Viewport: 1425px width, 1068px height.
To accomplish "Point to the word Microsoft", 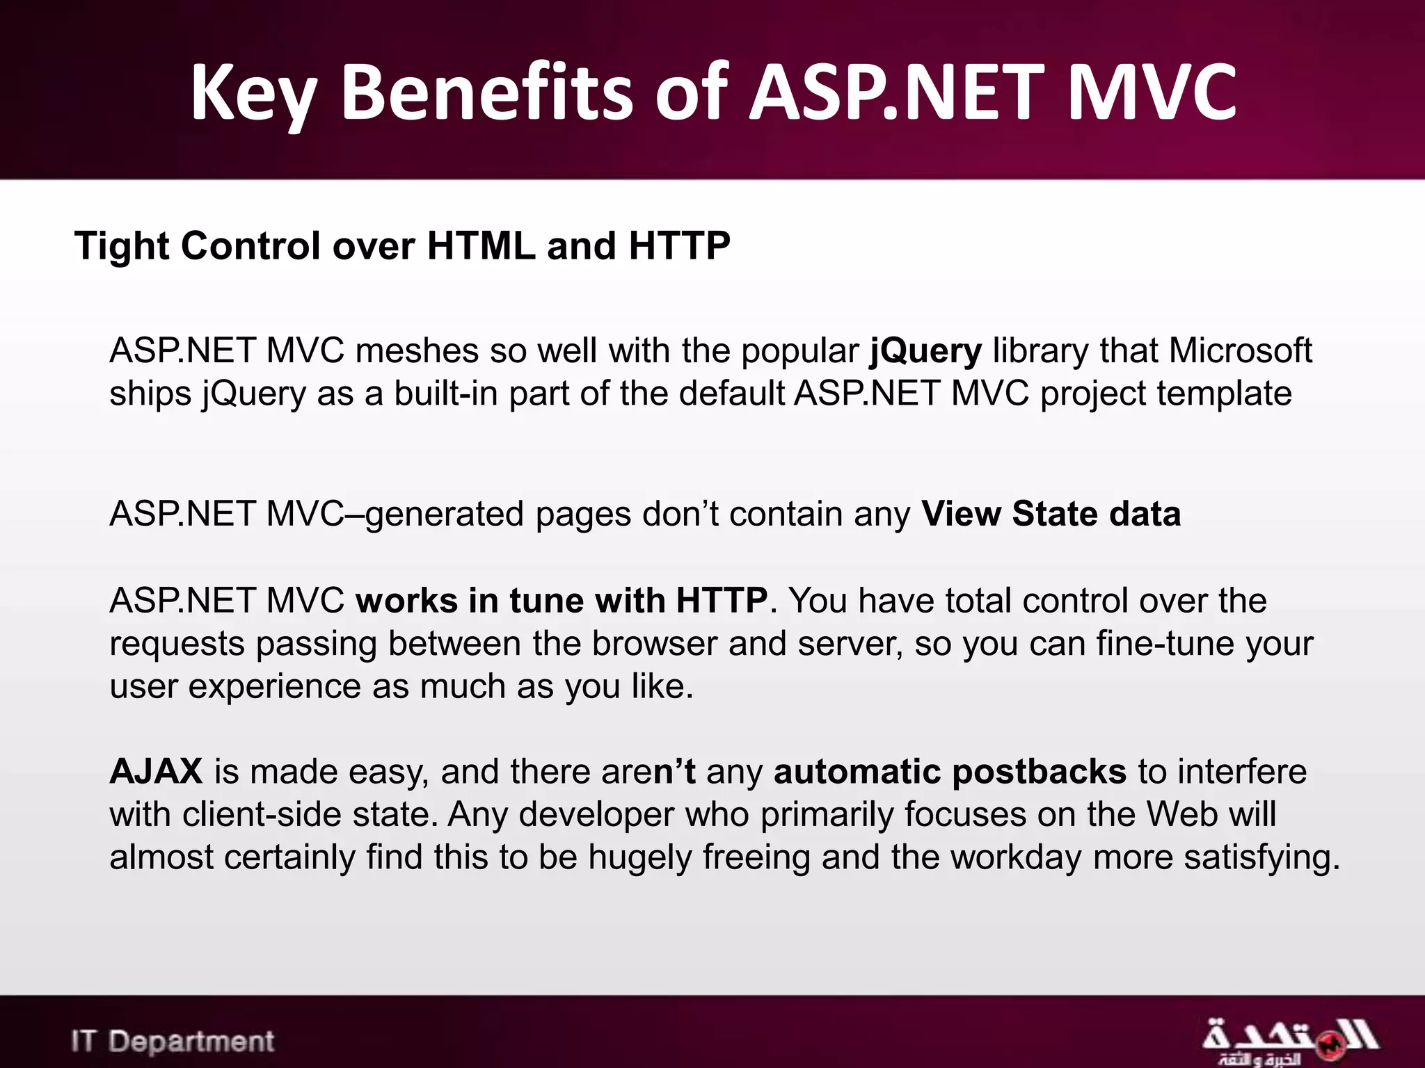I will pyautogui.click(x=1240, y=350).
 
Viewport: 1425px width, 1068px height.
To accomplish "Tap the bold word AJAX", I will pyautogui.click(x=157, y=772).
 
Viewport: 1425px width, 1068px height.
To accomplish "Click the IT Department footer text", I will pyautogui.click(x=173, y=1042).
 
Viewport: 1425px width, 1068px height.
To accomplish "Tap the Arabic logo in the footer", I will pyautogui.click(x=1289, y=1040).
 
